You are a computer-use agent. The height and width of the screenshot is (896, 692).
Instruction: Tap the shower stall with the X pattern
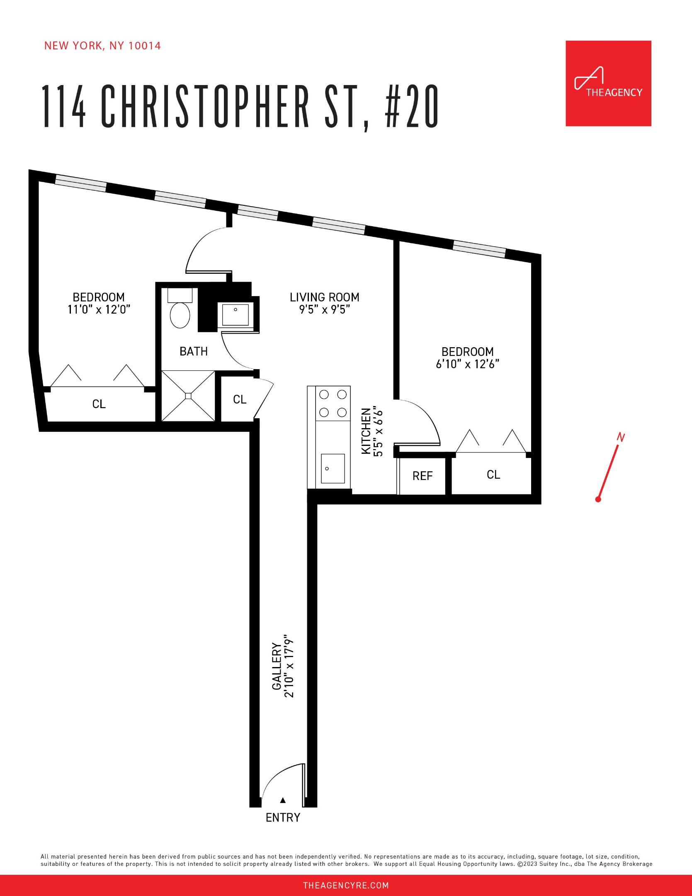point(188,396)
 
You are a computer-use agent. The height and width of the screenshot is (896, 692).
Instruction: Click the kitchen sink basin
point(333,468)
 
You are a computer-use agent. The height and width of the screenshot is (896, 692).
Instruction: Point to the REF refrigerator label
point(422,476)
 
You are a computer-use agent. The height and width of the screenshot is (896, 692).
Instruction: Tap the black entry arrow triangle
point(283,800)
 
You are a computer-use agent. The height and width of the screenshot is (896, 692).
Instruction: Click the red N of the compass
point(621,437)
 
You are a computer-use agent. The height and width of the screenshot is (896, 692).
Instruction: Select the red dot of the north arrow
point(598,499)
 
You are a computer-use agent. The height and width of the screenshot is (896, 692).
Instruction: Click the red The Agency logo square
point(608,83)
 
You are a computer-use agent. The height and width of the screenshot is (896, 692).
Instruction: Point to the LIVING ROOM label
point(324,297)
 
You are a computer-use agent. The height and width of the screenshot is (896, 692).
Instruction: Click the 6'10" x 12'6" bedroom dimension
point(467,364)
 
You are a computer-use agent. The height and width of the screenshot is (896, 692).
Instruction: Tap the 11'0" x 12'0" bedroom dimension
point(99,309)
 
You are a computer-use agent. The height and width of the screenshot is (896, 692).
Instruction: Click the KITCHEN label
point(366,431)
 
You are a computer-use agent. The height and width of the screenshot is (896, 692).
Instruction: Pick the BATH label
point(194,351)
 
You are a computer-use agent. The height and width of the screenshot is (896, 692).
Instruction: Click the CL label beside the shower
point(240,399)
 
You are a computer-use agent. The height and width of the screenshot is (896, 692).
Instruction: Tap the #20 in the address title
point(412,107)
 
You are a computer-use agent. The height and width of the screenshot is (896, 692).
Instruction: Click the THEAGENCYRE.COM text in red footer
point(346,886)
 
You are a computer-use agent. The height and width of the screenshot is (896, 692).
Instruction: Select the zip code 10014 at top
point(145,46)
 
